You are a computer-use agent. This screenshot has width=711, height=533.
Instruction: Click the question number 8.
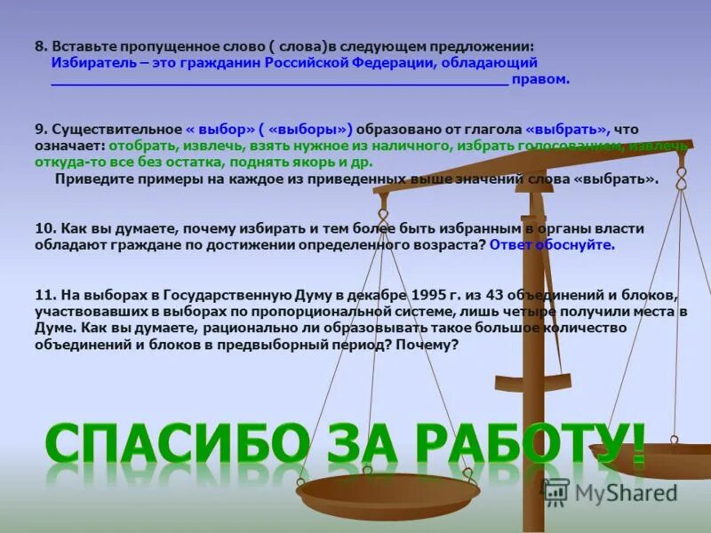(41, 45)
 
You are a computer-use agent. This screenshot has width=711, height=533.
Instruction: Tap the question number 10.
(45, 228)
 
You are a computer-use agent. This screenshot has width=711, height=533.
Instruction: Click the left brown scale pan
(388, 491)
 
